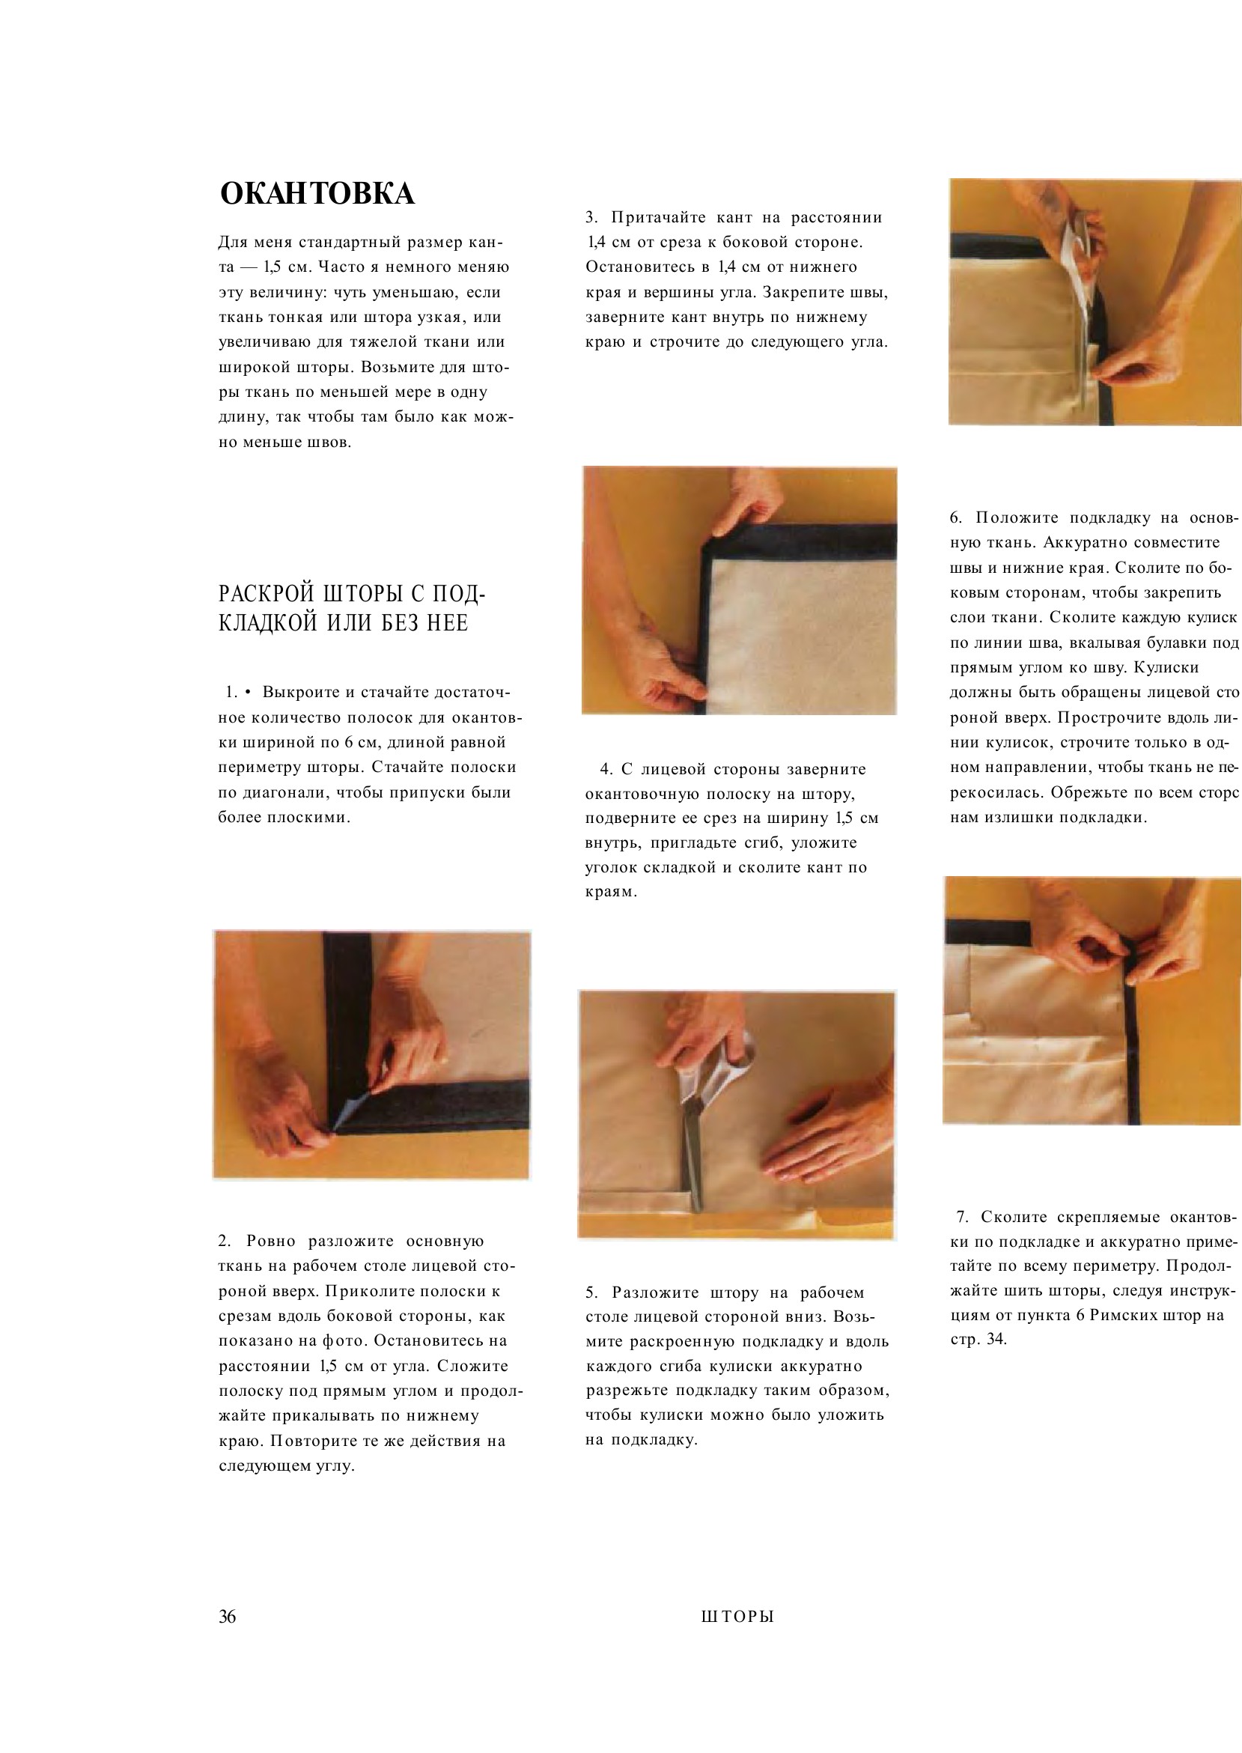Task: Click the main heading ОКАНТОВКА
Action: pyautogui.click(x=317, y=193)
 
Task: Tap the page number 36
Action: pyautogui.click(x=228, y=1616)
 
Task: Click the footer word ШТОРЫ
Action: pyautogui.click(x=737, y=1617)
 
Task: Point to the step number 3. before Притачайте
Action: pyautogui.click(x=592, y=218)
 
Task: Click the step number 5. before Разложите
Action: pyautogui.click(x=592, y=1292)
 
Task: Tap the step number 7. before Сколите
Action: pyautogui.click(x=963, y=1217)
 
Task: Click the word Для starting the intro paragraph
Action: pyautogui.click(x=232, y=243)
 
